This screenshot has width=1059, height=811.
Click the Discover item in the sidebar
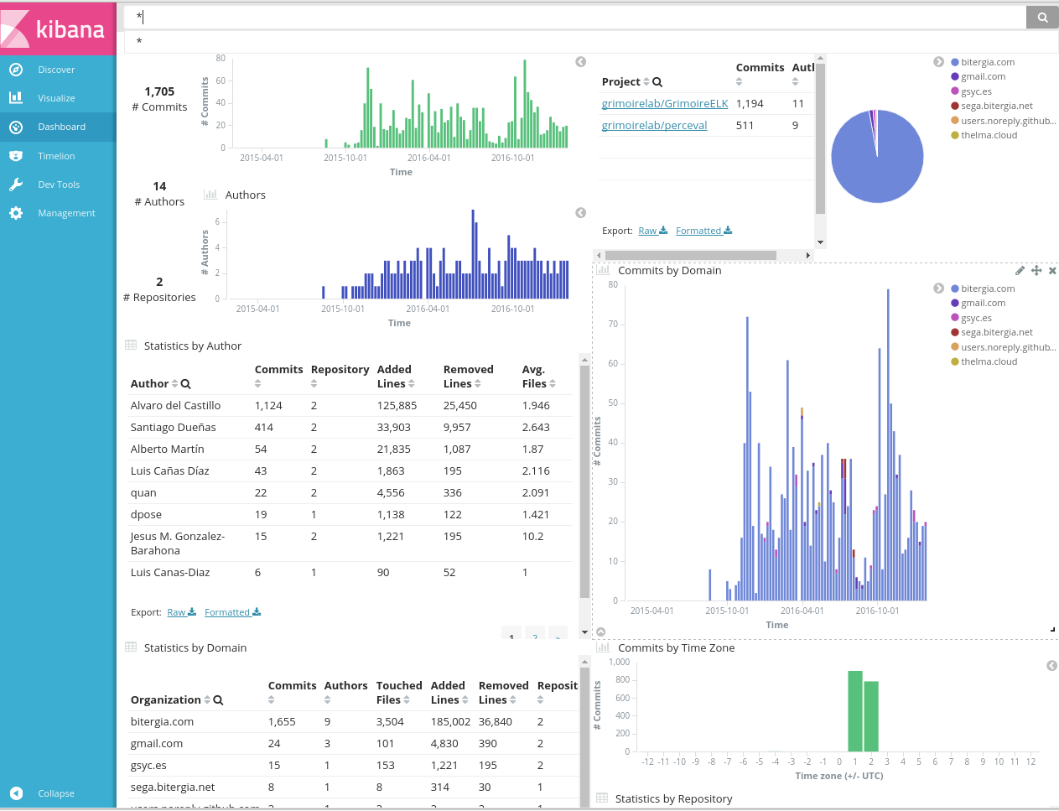(x=56, y=70)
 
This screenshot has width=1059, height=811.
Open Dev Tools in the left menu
(x=58, y=185)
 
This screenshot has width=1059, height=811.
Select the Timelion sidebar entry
(x=56, y=156)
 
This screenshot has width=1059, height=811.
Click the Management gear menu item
(x=66, y=213)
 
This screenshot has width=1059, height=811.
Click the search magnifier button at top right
(x=1042, y=17)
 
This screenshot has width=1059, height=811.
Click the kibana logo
(x=57, y=29)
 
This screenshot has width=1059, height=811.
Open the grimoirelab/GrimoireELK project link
(x=665, y=104)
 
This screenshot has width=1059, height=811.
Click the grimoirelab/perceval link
(x=654, y=126)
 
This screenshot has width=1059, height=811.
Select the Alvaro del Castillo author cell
(x=175, y=406)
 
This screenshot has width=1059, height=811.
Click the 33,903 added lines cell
(x=393, y=428)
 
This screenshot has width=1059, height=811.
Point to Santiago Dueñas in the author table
(x=173, y=428)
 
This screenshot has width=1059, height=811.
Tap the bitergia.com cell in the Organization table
(x=162, y=722)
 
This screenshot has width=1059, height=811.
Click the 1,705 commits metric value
(x=159, y=91)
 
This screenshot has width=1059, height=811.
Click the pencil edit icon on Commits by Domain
(x=1020, y=271)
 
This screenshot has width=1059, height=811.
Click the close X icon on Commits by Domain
(x=1052, y=271)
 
